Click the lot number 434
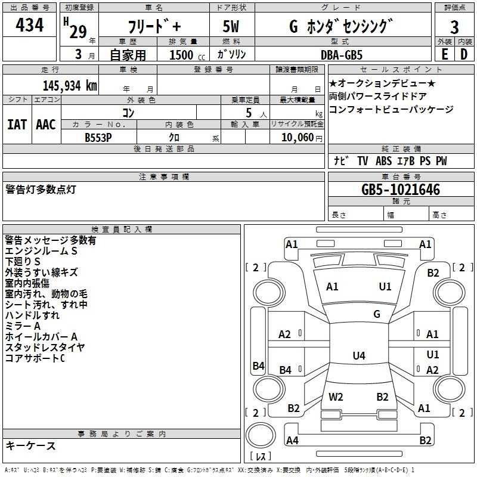(29, 26)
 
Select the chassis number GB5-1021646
(401, 190)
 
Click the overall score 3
(454, 27)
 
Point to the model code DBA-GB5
(340, 54)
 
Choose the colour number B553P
(98, 137)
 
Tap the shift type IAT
(17, 124)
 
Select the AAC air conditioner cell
(46, 124)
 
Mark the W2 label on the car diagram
(336, 397)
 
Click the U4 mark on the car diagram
(358, 356)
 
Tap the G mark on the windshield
(377, 314)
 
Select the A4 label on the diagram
(292, 441)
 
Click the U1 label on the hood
(385, 287)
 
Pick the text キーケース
(30, 445)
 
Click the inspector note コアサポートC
(35, 358)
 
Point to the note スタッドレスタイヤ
(45, 347)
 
